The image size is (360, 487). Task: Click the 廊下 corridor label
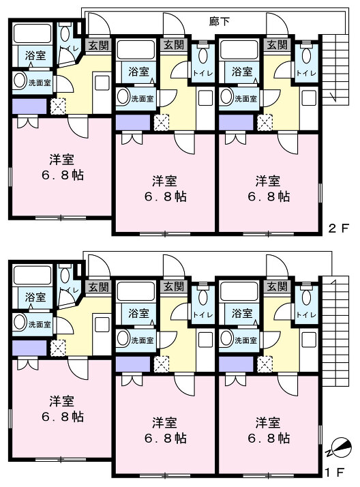click(x=219, y=21)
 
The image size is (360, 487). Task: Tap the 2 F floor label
click(x=339, y=228)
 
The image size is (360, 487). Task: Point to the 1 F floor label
click(x=335, y=473)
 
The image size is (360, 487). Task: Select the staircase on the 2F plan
click(x=335, y=70)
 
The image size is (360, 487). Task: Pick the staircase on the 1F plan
click(x=335, y=331)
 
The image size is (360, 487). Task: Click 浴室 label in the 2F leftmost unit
click(x=35, y=56)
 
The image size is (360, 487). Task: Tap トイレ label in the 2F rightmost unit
click(x=306, y=73)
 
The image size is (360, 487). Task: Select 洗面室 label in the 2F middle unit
click(x=142, y=99)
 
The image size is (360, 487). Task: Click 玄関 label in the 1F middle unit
click(x=174, y=286)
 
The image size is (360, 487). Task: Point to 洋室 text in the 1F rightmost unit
click(x=268, y=422)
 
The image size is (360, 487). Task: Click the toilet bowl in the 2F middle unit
click(x=202, y=55)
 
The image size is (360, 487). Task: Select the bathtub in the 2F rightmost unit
click(x=239, y=49)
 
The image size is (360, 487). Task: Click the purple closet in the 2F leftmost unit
click(x=29, y=106)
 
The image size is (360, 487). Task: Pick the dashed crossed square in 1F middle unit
click(x=162, y=364)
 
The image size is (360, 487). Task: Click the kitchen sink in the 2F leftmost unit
click(x=102, y=83)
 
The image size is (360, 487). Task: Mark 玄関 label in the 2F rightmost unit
click(x=277, y=45)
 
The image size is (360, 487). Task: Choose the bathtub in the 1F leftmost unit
click(x=33, y=275)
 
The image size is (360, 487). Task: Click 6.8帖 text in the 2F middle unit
click(x=166, y=196)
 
